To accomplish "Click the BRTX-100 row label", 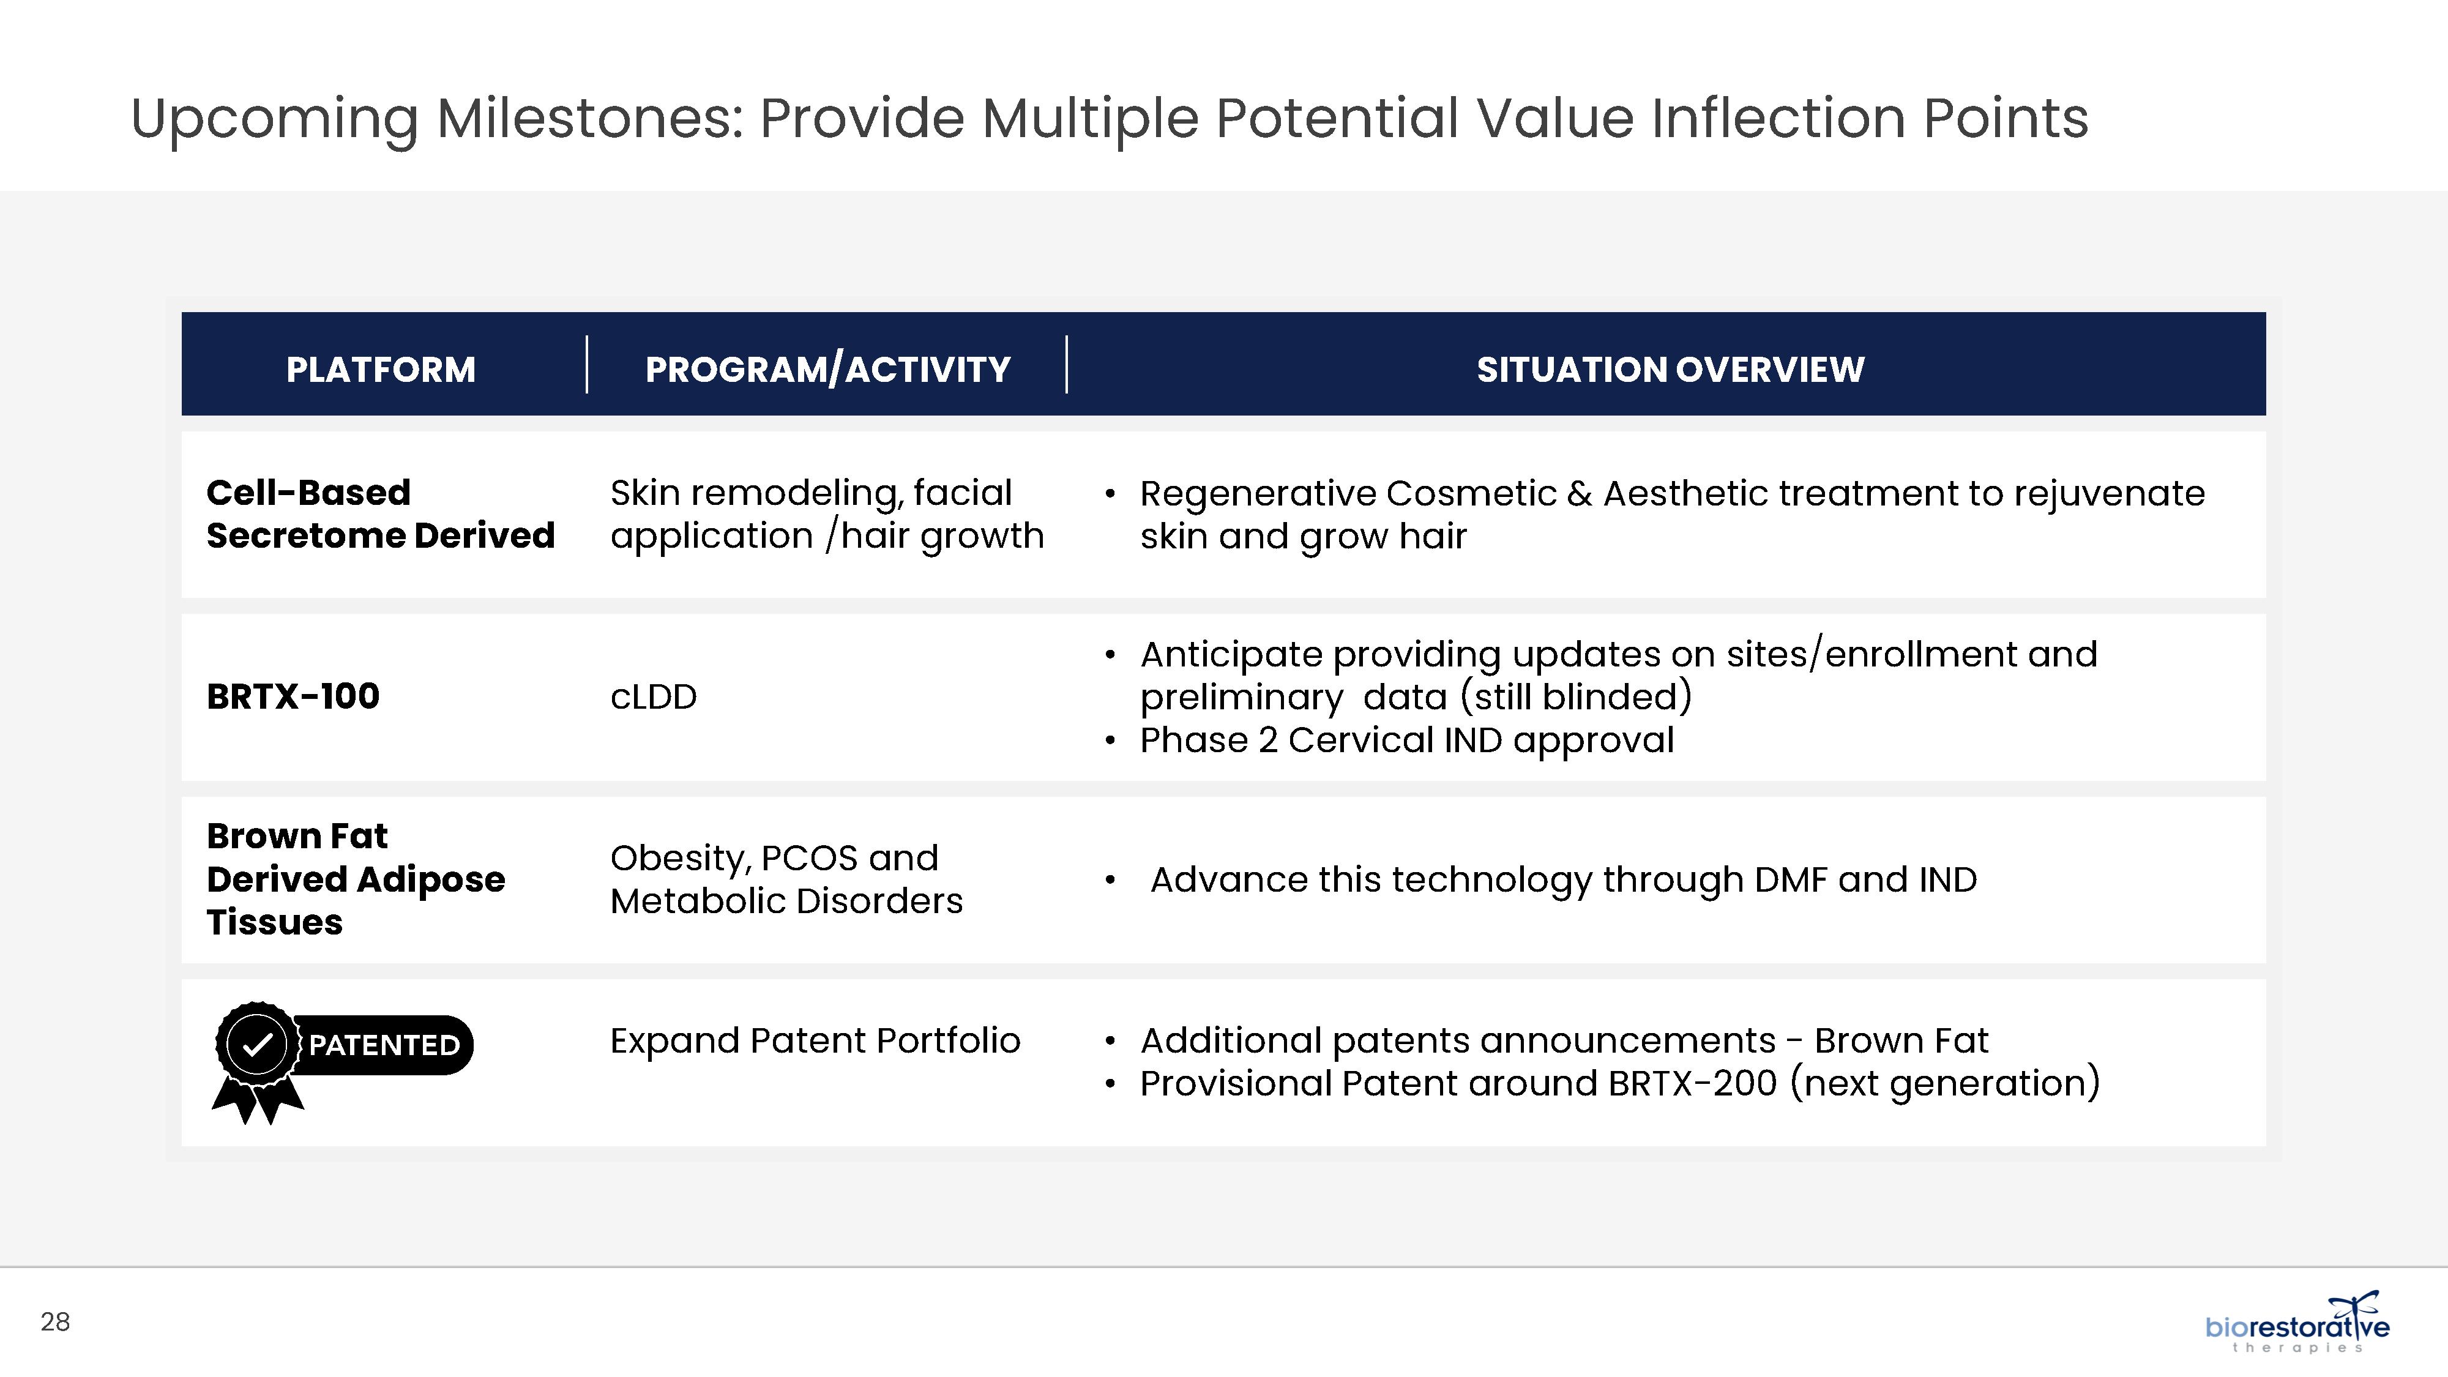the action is point(293,696).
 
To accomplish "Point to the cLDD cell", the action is point(654,696).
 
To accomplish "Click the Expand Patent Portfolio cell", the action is point(815,1040).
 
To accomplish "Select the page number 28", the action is point(55,1322).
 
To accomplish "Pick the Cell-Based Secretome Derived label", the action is point(380,514).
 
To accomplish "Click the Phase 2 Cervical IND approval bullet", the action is point(1406,741).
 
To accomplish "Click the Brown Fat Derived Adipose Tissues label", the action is point(356,879).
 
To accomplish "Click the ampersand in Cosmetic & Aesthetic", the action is point(1580,494).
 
